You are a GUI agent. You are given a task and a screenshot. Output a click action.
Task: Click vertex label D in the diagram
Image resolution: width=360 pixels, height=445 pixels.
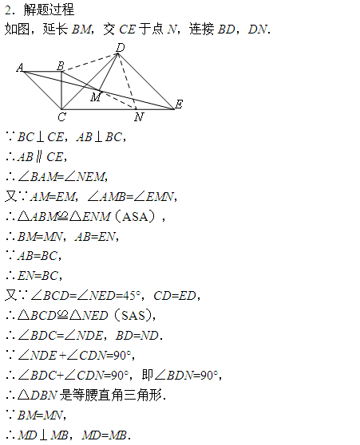[x=121, y=47]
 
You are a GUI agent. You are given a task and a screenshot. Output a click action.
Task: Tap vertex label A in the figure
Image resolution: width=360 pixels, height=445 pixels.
[x=20, y=68]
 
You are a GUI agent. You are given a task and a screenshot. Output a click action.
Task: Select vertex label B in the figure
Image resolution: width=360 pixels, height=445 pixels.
[x=60, y=66]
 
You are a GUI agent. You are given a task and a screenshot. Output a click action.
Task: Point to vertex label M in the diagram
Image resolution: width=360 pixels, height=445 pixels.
[x=96, y=97]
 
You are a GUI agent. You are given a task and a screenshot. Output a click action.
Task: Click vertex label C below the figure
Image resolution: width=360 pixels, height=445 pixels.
[x=61, y=116]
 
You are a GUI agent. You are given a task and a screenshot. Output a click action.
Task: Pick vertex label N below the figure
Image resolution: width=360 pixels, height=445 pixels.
[x=139, y=116]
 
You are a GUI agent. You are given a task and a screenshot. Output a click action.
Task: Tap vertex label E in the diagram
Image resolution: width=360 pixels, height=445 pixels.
[x=179, y=104]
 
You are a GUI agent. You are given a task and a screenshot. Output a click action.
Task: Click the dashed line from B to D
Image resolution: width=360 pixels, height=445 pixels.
[x=89, y=63]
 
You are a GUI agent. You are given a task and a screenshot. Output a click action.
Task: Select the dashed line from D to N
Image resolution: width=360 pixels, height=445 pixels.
[x=127, y=81]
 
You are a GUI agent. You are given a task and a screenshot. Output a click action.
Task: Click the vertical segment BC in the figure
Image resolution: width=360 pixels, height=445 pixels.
[x=61, y=91]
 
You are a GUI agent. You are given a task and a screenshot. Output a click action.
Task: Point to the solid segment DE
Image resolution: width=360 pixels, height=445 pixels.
[x=146, y=81]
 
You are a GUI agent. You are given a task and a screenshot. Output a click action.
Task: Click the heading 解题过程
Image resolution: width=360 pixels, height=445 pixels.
[x=49, y=10]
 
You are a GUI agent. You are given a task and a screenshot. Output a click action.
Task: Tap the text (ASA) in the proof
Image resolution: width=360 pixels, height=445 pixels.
[x=135, y=217]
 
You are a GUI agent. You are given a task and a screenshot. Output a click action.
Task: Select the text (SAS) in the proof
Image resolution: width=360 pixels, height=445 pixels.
[x=133, y=315]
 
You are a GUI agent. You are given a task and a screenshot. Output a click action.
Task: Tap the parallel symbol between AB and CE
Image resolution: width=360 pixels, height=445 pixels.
[x=39, y=157]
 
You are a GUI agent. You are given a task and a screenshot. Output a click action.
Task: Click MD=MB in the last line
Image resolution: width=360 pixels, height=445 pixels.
[x=104, y=435]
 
